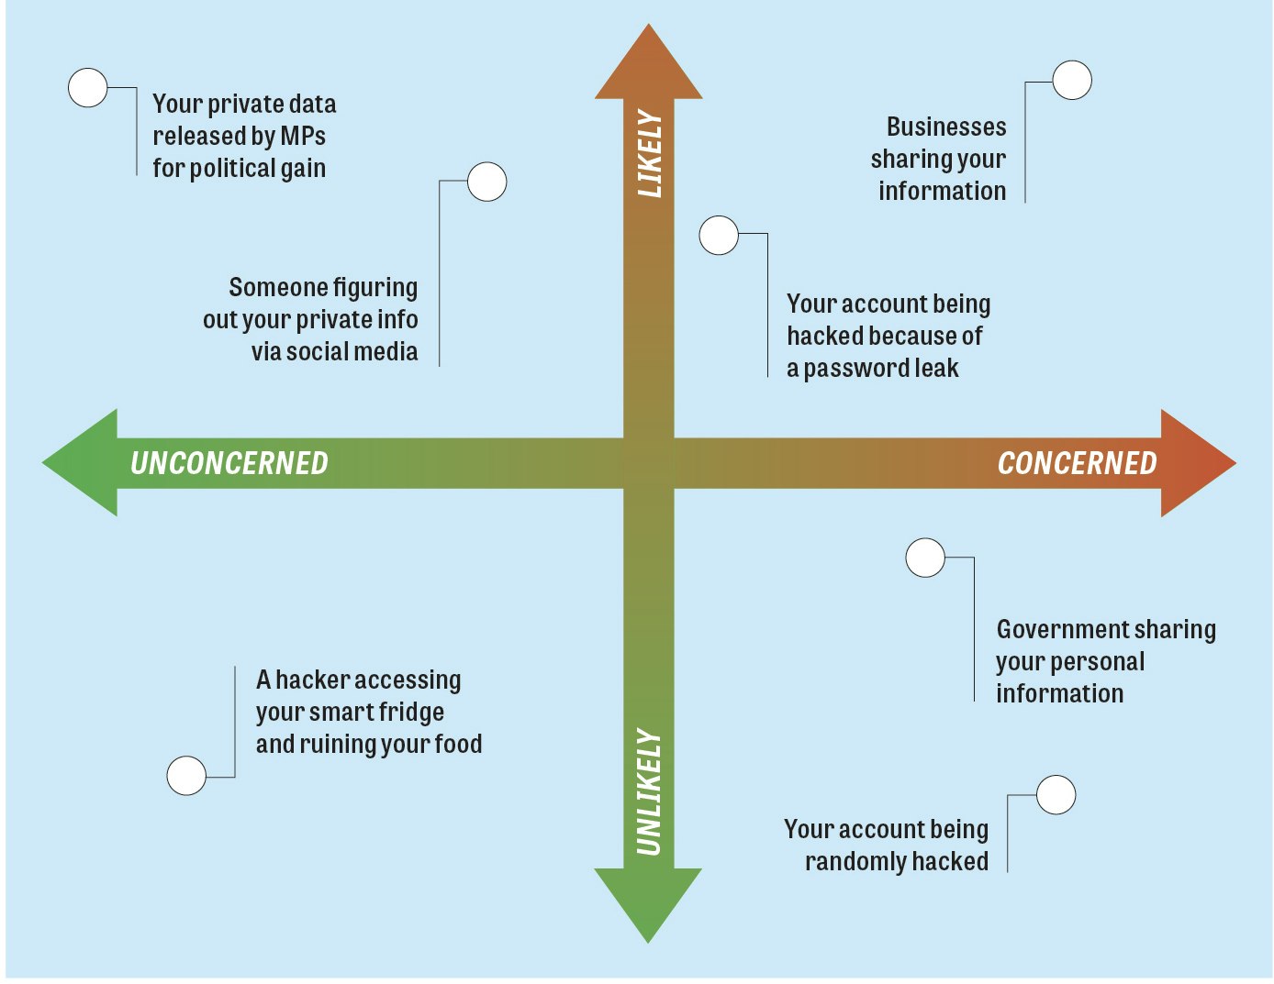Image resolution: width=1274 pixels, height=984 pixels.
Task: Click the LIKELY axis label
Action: coord(649,154)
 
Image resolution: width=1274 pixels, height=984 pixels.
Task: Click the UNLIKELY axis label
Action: coord(649,791)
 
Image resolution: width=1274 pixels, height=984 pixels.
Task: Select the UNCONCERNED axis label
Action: coord(229,463)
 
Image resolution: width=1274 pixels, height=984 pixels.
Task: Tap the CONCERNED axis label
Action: coord(1077,463)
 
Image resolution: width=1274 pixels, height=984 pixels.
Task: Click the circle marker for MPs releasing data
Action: coord(88,88)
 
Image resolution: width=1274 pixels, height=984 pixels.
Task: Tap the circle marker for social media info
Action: coord(487,182)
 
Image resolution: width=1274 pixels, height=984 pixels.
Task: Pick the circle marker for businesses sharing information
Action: coord(1072,81)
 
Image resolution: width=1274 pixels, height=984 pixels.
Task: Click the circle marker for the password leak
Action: coord(719,236)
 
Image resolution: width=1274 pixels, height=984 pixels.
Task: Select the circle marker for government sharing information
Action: coord(925,558)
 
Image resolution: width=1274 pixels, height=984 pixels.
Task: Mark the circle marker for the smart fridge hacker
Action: coord(186,776)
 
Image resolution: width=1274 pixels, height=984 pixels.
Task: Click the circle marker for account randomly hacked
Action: coord(1056,795)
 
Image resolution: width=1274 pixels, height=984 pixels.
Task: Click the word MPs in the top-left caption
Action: coord(303,136)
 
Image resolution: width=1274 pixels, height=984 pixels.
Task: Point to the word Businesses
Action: coord(946,127)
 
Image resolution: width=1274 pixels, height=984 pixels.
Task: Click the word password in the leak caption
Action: coord(855,369)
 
